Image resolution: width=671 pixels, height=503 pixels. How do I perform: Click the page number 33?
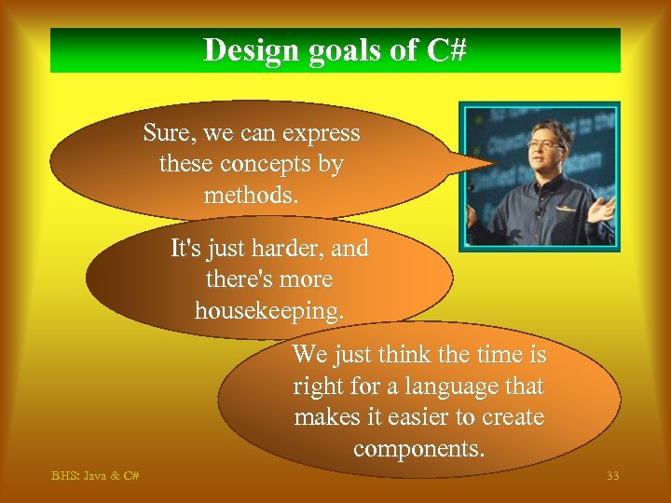612,476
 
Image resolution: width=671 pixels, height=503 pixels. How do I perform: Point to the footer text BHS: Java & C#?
95,476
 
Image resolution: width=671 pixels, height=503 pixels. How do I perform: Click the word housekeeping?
267,310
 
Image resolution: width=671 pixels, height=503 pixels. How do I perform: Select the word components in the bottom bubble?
418,448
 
